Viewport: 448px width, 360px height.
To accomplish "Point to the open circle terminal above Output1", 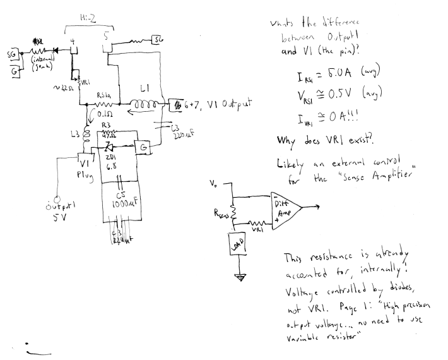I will pyautogui.click(x=57, y=196).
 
